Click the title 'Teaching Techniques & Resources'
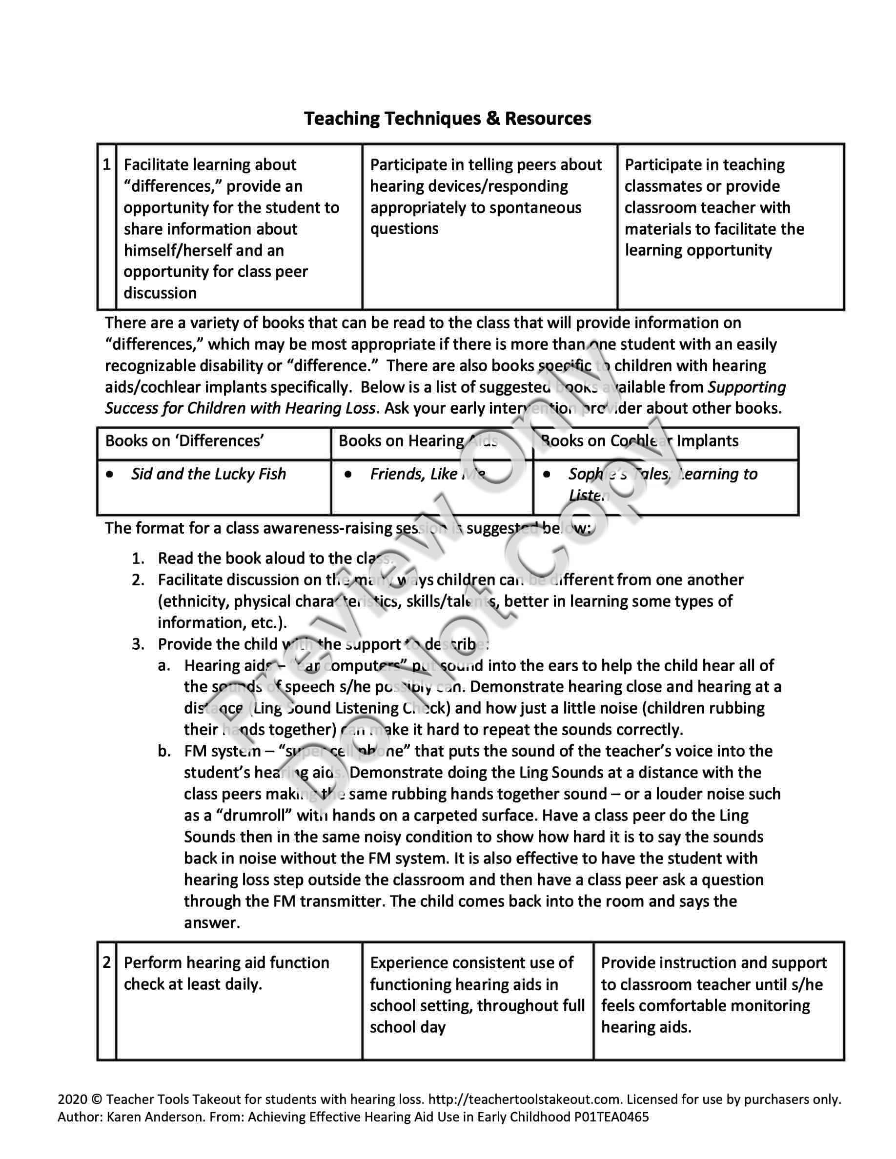pos(448,119)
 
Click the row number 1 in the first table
pos(107,164)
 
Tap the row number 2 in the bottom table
pos(107,962)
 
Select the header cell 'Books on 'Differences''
pos(185,441)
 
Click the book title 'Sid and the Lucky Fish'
pos(208,474)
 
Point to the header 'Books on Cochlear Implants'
pos(639,441)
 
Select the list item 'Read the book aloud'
pos(262,558)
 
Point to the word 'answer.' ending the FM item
pos(212,923)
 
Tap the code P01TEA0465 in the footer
pos(611,1117)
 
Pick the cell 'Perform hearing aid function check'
pos(226,973)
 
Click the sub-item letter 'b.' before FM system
pos(164,751)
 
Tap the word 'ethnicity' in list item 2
pos(193,601)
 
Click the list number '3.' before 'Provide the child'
pos(139,644)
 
